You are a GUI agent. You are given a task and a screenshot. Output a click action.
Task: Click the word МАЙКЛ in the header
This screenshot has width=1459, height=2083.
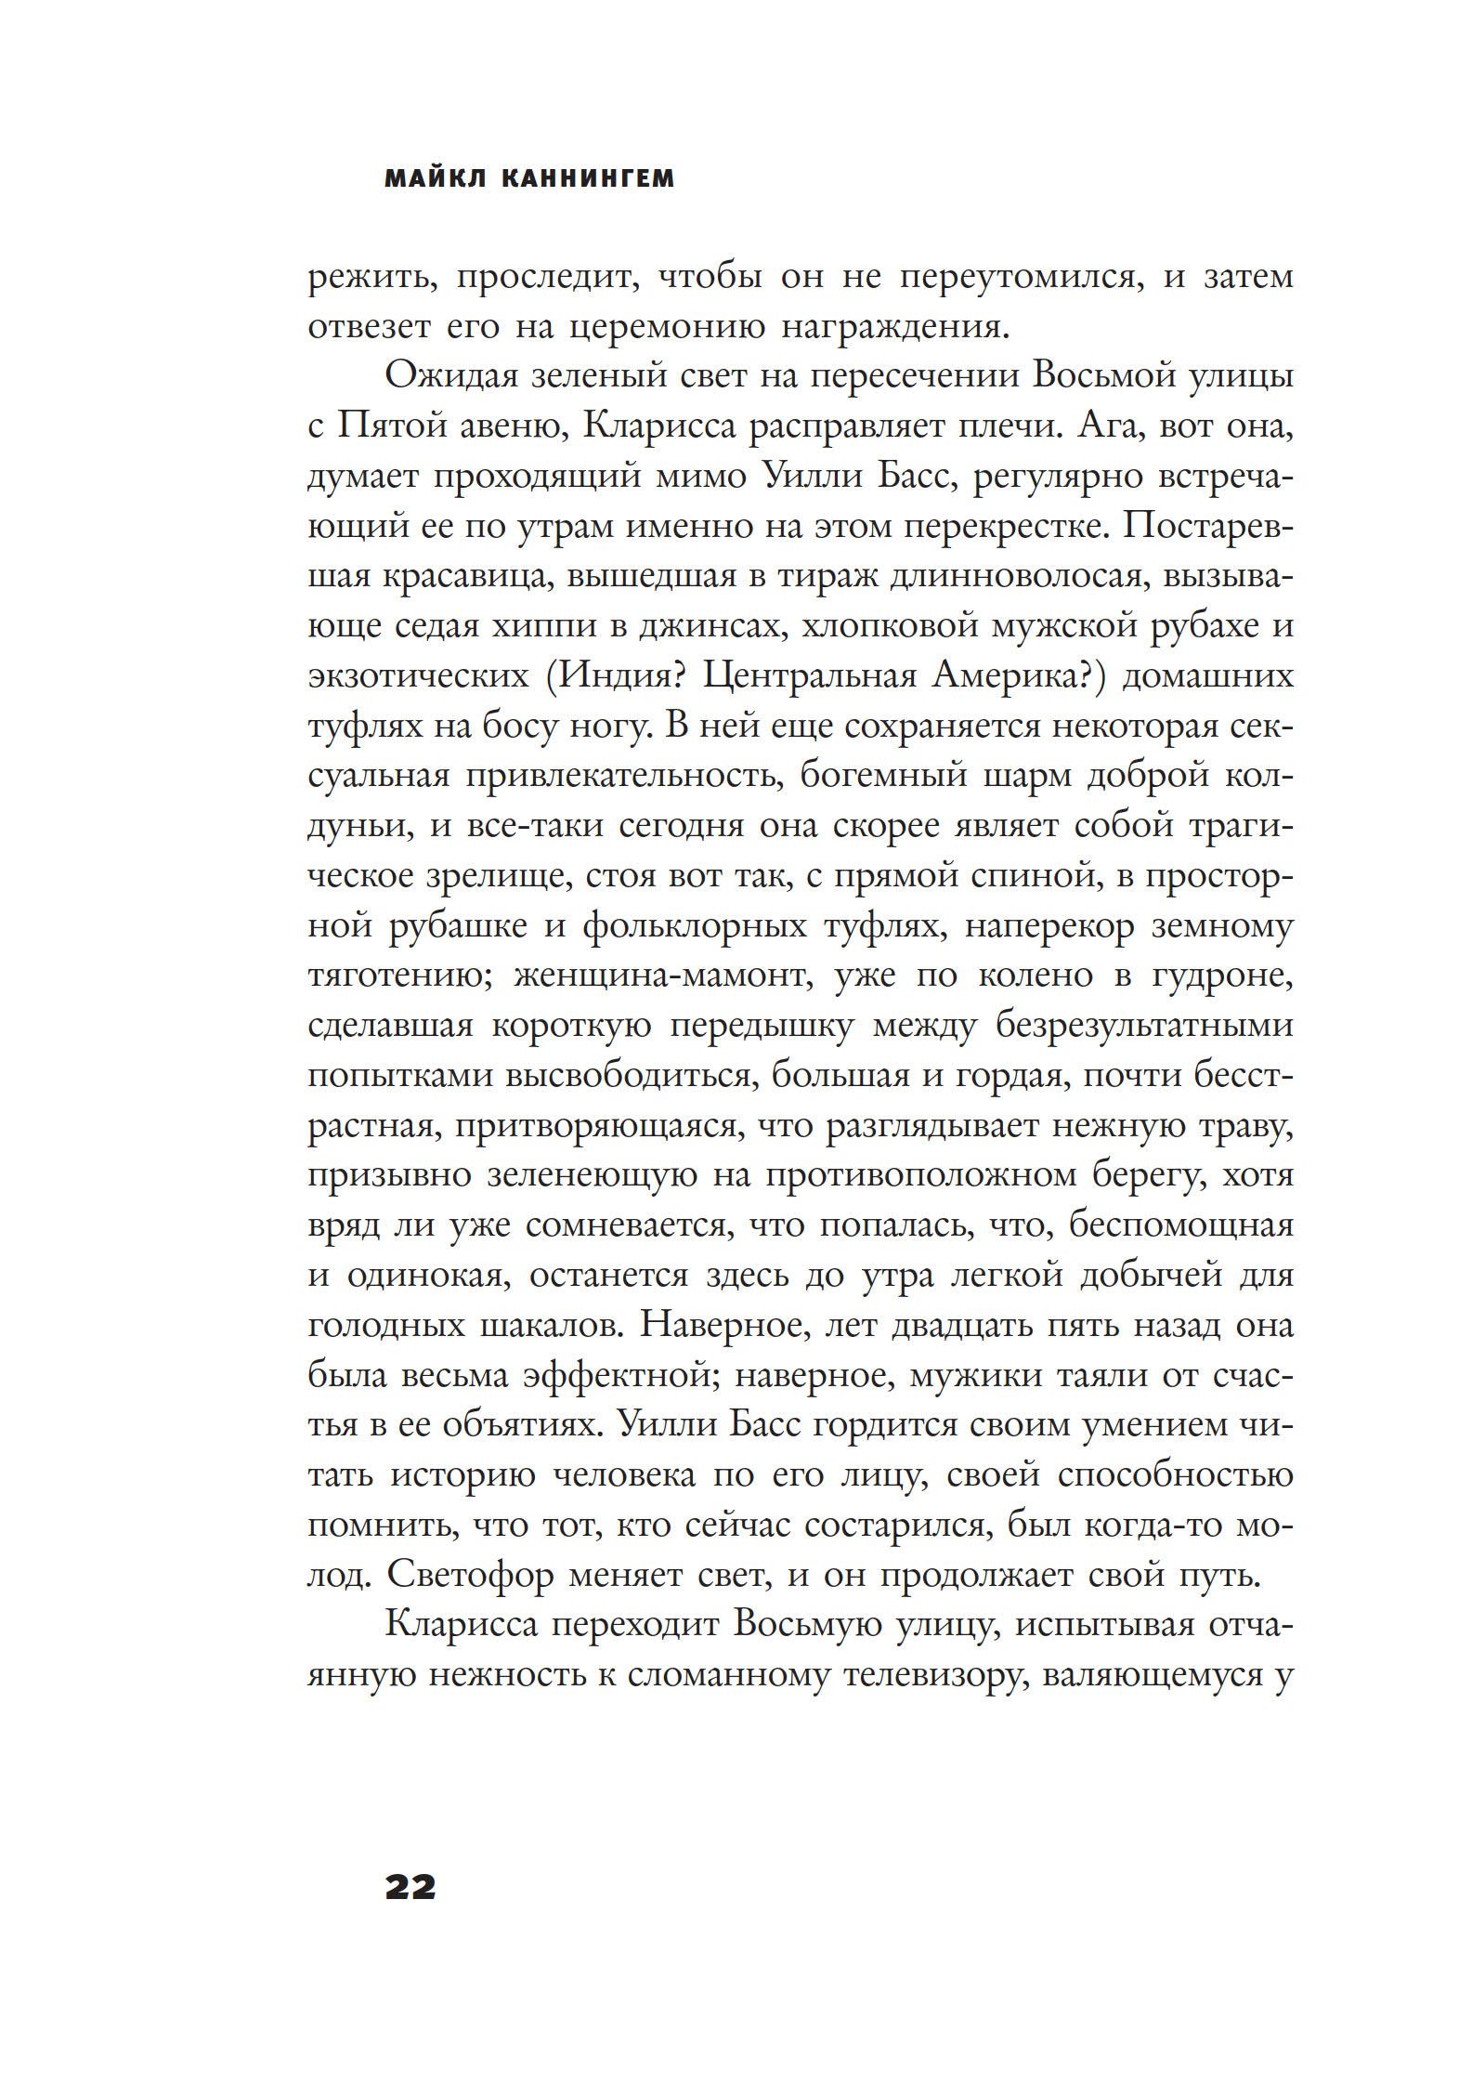[435, 178]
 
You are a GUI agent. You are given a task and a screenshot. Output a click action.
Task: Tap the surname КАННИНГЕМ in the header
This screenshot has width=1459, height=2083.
[587, 178]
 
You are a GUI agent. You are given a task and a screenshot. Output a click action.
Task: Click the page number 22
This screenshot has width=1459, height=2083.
[410, 1887]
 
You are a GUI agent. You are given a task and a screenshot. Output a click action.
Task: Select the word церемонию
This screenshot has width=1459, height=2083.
[667, 328]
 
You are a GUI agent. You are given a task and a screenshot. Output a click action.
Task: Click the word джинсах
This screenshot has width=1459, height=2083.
[712, 627]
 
